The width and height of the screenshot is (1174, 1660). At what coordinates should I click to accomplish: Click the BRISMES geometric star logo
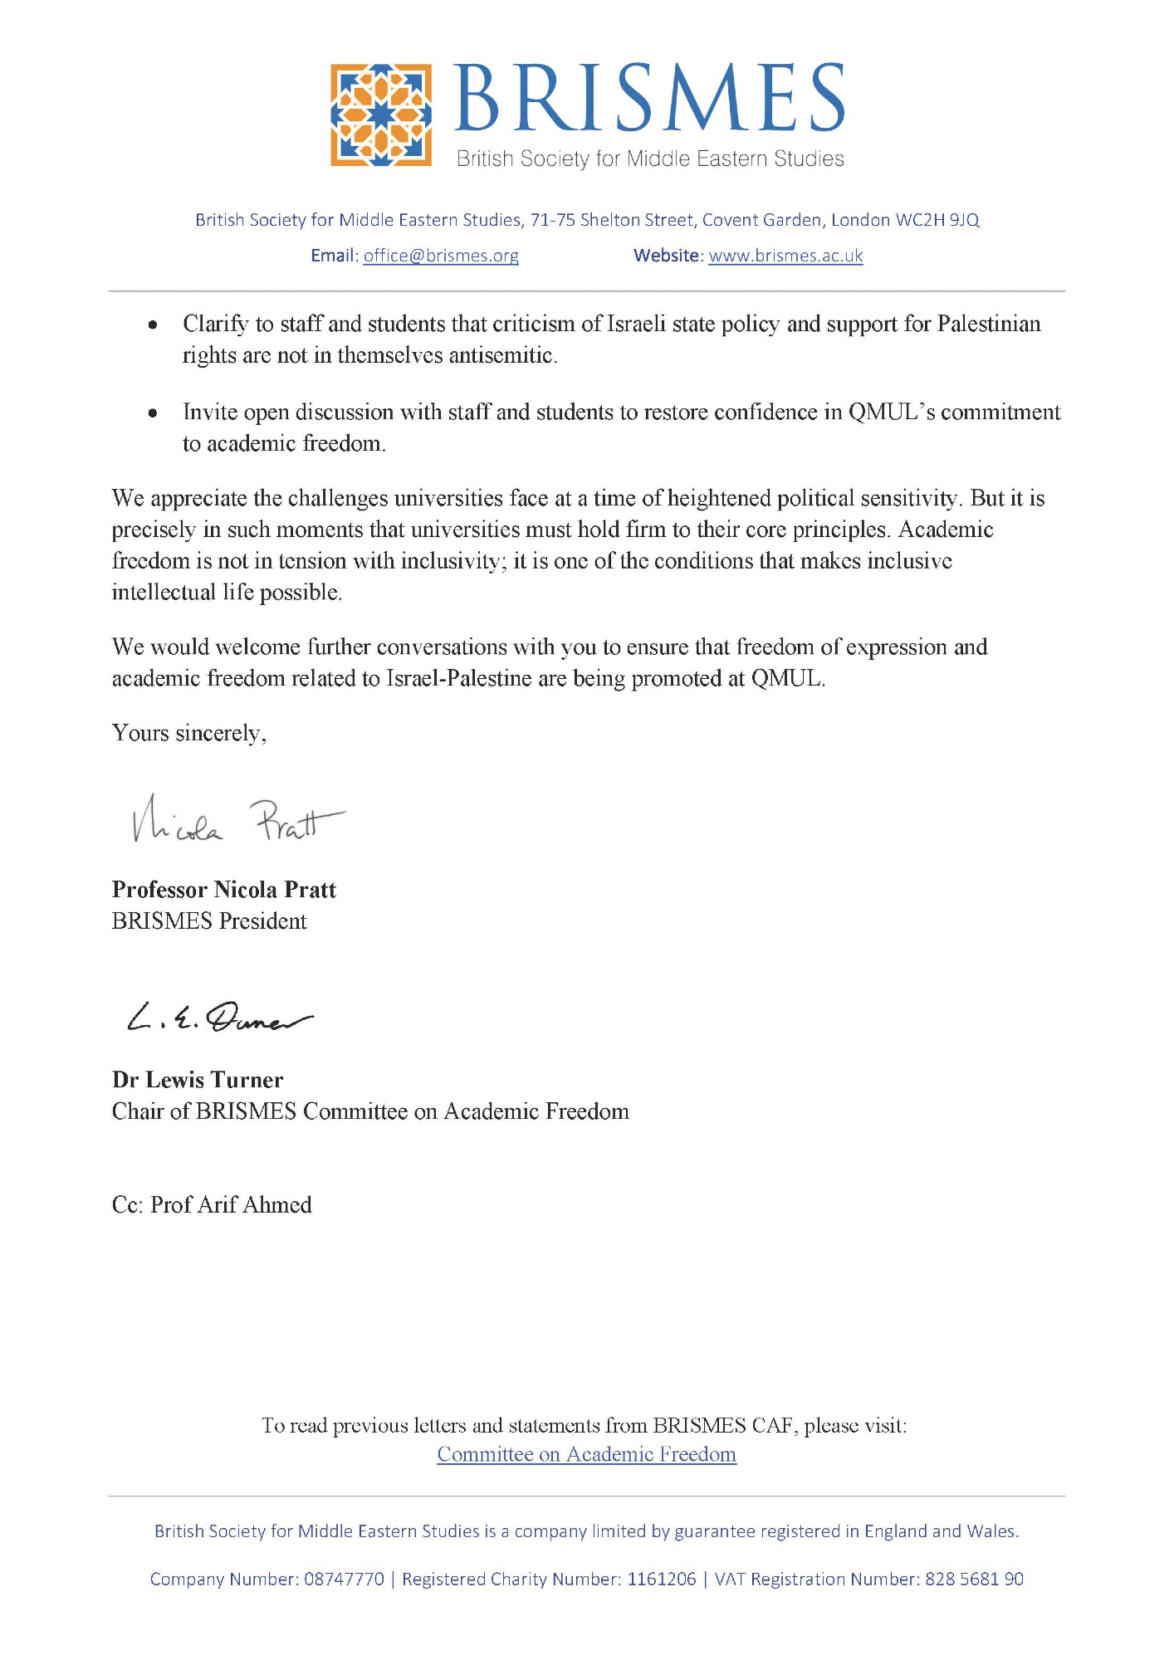[381, 115]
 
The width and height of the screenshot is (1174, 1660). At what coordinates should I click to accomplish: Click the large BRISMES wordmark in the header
[649, 98]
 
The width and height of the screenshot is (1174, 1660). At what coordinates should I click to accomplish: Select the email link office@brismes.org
[441, 256]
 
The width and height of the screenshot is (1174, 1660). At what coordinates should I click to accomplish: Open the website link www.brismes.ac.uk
[785, 256]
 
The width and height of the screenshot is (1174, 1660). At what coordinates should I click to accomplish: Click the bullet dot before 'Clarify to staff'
[153, 325]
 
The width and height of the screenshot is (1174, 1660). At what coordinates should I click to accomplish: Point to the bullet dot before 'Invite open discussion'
[153, 413]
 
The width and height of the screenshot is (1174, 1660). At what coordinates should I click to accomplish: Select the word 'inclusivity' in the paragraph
[450, 561]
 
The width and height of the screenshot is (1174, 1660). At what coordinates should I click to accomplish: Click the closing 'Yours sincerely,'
[189, 734]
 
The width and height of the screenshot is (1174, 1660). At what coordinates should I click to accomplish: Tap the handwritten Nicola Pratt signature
[237, 820]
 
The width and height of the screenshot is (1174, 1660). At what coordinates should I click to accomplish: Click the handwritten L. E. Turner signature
[220, 1018]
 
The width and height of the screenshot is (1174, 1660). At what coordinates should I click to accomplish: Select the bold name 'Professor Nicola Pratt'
[224, 890]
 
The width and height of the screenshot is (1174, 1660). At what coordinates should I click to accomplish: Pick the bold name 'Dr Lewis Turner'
[198, 1080]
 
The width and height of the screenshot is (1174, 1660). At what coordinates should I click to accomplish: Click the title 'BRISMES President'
[209, 921]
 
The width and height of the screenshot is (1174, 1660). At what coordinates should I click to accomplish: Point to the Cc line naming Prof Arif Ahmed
[212, 1205]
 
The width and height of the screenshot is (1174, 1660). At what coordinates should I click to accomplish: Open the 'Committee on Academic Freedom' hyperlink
[586, 1454]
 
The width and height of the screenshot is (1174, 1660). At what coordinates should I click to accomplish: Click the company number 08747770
[344, 1579]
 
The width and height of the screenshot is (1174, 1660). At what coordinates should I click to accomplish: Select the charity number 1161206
[661, 1579]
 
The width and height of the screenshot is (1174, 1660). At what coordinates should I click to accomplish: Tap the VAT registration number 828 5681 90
[973, 1579]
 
